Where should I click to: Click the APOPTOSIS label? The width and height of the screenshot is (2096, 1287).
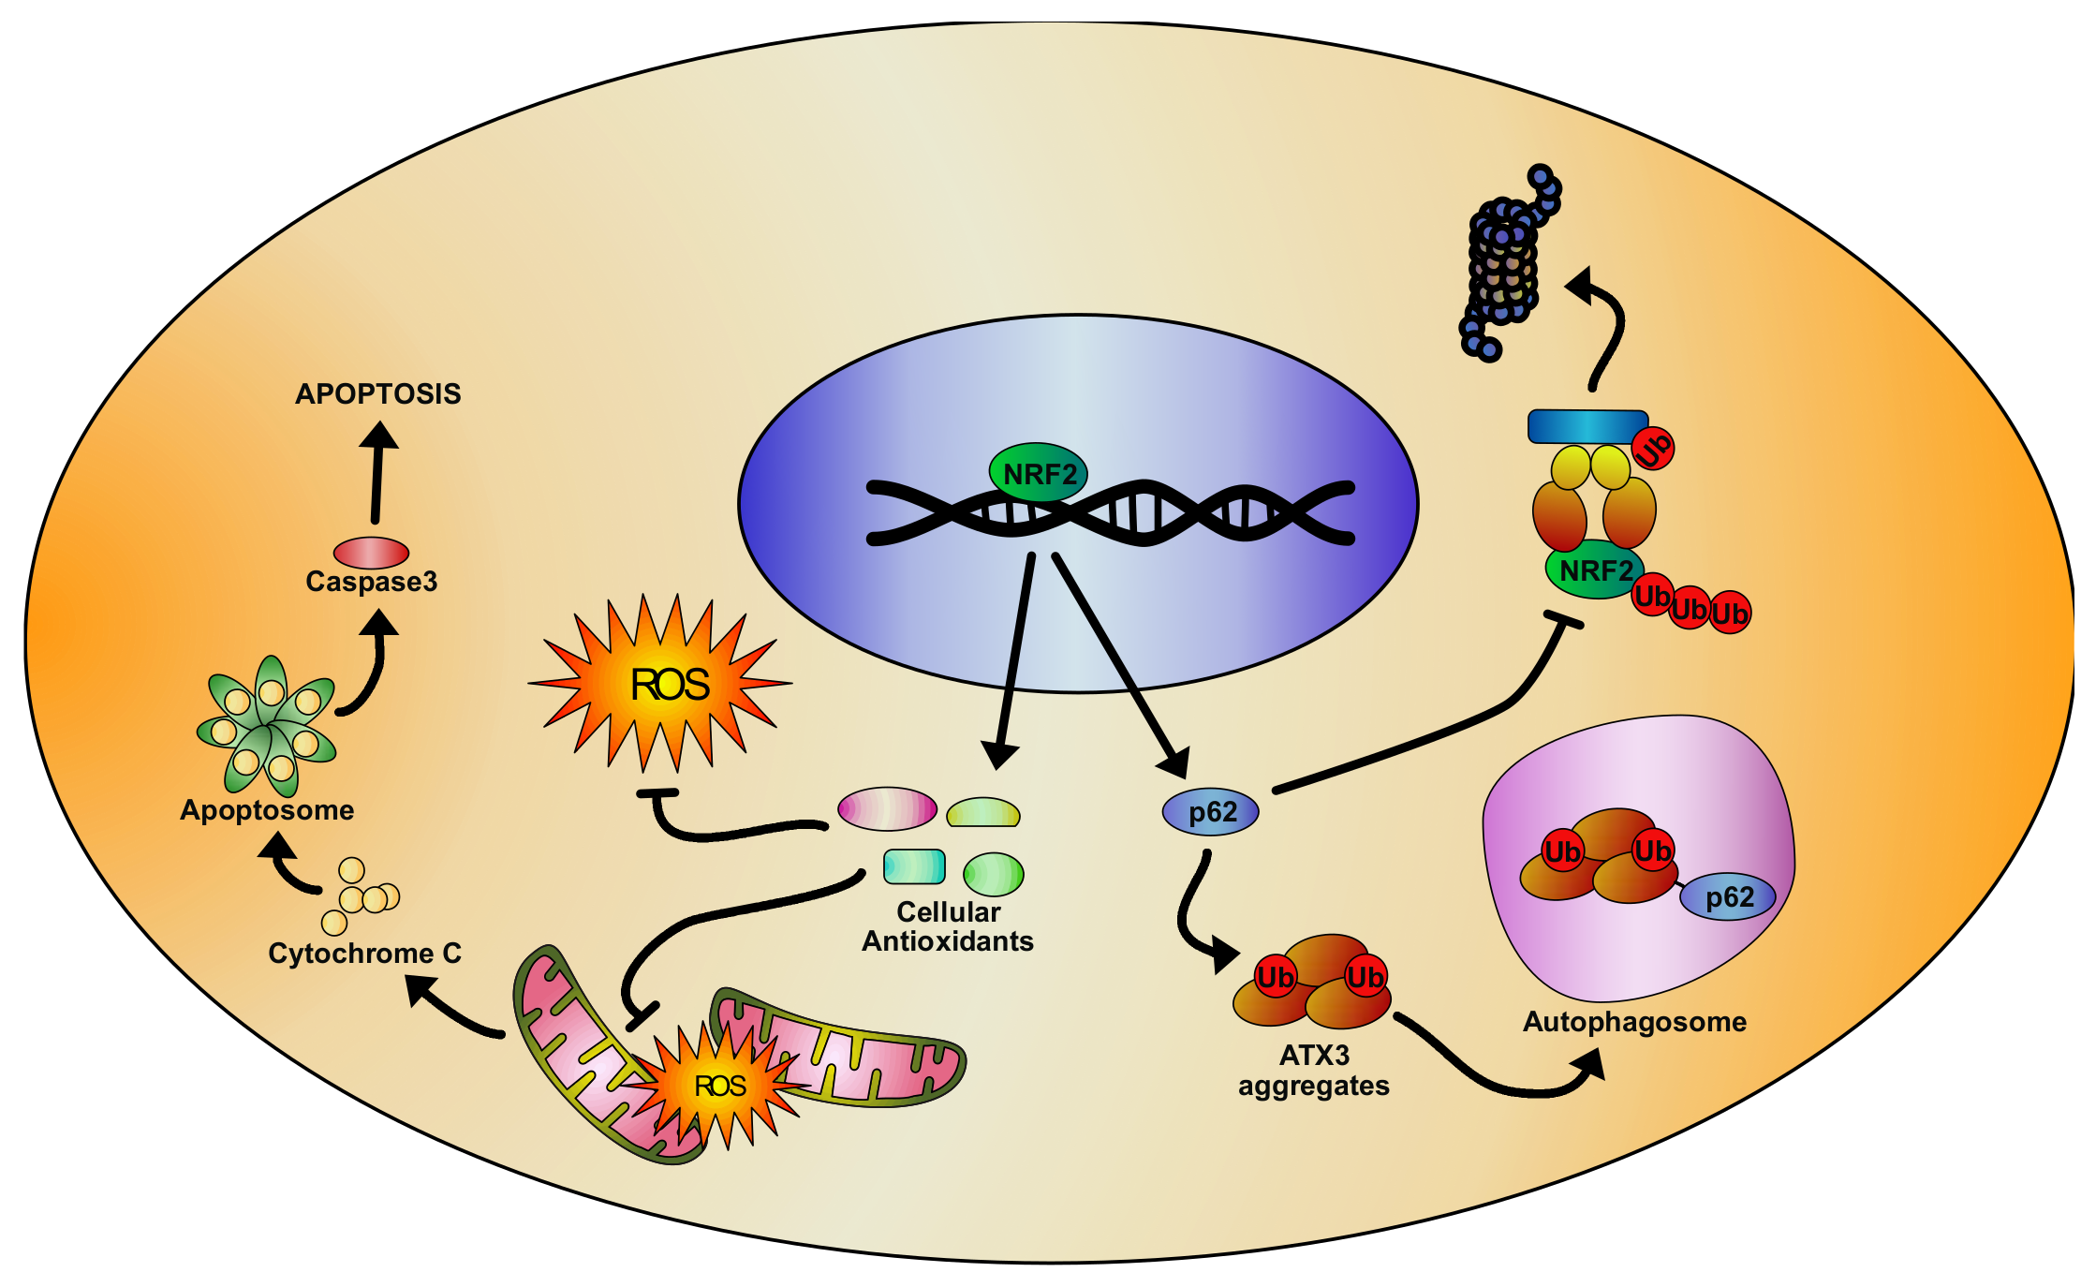click(377, 393)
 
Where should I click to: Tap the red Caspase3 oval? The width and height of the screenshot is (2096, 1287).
click(371, 553)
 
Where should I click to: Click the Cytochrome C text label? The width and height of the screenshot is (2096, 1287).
click(364, 954)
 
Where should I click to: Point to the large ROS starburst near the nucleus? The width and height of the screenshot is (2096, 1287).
click(660, 684)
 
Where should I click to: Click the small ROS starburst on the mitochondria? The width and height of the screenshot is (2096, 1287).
click(718, 1086)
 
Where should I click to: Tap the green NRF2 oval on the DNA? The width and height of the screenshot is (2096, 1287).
click(1038, 473)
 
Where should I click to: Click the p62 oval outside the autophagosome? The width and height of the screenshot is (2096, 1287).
click(1210, 811)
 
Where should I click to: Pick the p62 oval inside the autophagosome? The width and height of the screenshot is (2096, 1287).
click(1727, 897)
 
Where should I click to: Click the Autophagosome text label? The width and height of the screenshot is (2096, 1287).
click(1634, 1022)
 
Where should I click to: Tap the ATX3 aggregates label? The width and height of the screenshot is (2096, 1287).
click(1313, 1071)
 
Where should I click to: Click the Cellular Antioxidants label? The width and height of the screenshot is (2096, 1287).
click(947, 926)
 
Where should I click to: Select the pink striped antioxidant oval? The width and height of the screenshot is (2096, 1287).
click(886, 808)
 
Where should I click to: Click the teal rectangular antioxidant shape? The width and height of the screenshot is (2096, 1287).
click(914, 866)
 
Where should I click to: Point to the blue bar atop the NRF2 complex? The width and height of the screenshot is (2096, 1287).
click(1587, 426)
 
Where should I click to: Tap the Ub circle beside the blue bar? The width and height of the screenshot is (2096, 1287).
click(1653, 448)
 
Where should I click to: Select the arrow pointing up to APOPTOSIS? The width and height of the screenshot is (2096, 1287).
click(377, 468)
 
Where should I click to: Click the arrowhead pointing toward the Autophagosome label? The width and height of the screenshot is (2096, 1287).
click(1589, 1065)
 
